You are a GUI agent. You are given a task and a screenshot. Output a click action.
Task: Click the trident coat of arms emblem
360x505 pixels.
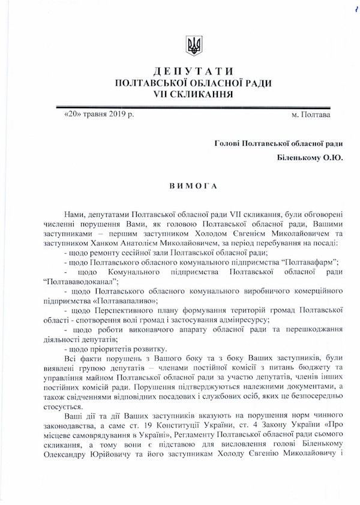(x=194, y=46)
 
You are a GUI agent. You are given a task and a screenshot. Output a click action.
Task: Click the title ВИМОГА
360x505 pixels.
(x=194, y=185)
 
